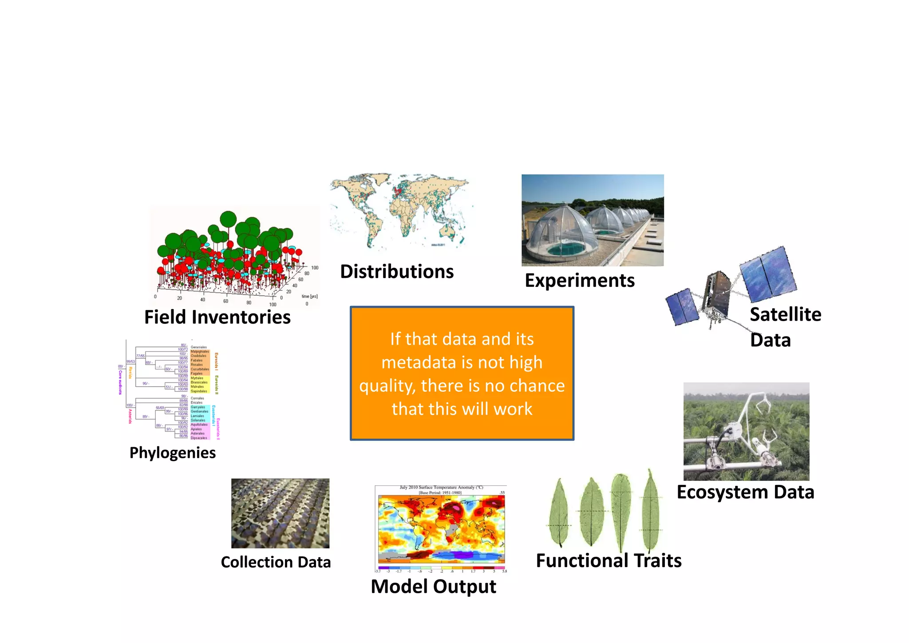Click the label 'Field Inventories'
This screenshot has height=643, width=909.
(x=217, y=318)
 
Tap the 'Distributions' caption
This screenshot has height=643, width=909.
(x=397, y=272)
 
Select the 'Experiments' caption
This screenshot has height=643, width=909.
(x=580, y=281)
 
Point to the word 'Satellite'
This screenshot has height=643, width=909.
(x=785, y=314)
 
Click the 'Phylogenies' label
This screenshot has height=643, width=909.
(x=172, y=453)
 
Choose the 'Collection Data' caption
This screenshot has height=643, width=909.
(x=276, y=562)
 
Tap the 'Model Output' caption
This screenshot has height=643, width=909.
(x=433, y=587)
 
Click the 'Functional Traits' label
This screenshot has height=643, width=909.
(x=609, y=561)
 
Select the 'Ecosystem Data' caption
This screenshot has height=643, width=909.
(x=745, y=492)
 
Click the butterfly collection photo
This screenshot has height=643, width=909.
(x=280, y=513)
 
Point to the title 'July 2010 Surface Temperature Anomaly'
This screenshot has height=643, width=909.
(x=441, y=488)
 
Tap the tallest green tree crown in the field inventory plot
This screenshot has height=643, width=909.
(x=228, y=219)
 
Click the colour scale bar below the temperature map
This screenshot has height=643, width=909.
(x=441, y=568)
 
